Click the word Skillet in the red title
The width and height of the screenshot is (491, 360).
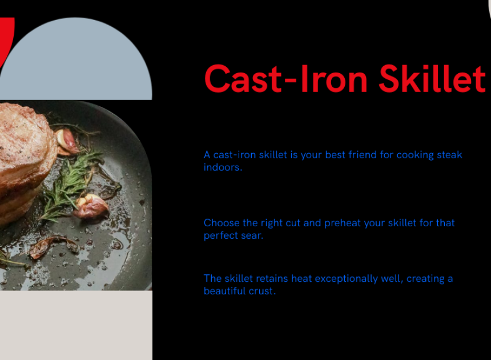(432, 78)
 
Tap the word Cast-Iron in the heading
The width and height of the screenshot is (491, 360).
(285, 79)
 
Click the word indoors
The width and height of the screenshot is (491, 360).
(223, 167)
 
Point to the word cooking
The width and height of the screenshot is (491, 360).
(415, 155)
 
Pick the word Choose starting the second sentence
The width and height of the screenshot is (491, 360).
(222, 223)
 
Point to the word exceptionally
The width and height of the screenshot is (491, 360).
(359, 279)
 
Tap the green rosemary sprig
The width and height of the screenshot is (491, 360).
(70, 185)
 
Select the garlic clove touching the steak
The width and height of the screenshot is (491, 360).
(66, 142)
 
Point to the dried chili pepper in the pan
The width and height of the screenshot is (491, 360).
(51, 247)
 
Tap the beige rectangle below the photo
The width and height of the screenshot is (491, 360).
(76, 325)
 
